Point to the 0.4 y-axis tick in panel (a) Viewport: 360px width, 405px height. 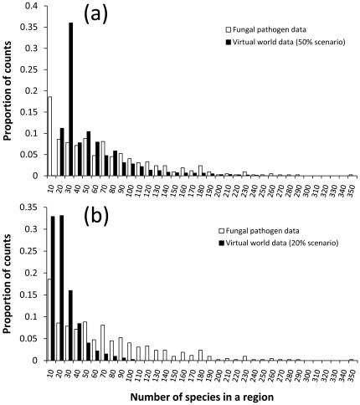click(33, 6)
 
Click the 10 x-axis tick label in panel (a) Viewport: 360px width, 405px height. click(50, 186)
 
